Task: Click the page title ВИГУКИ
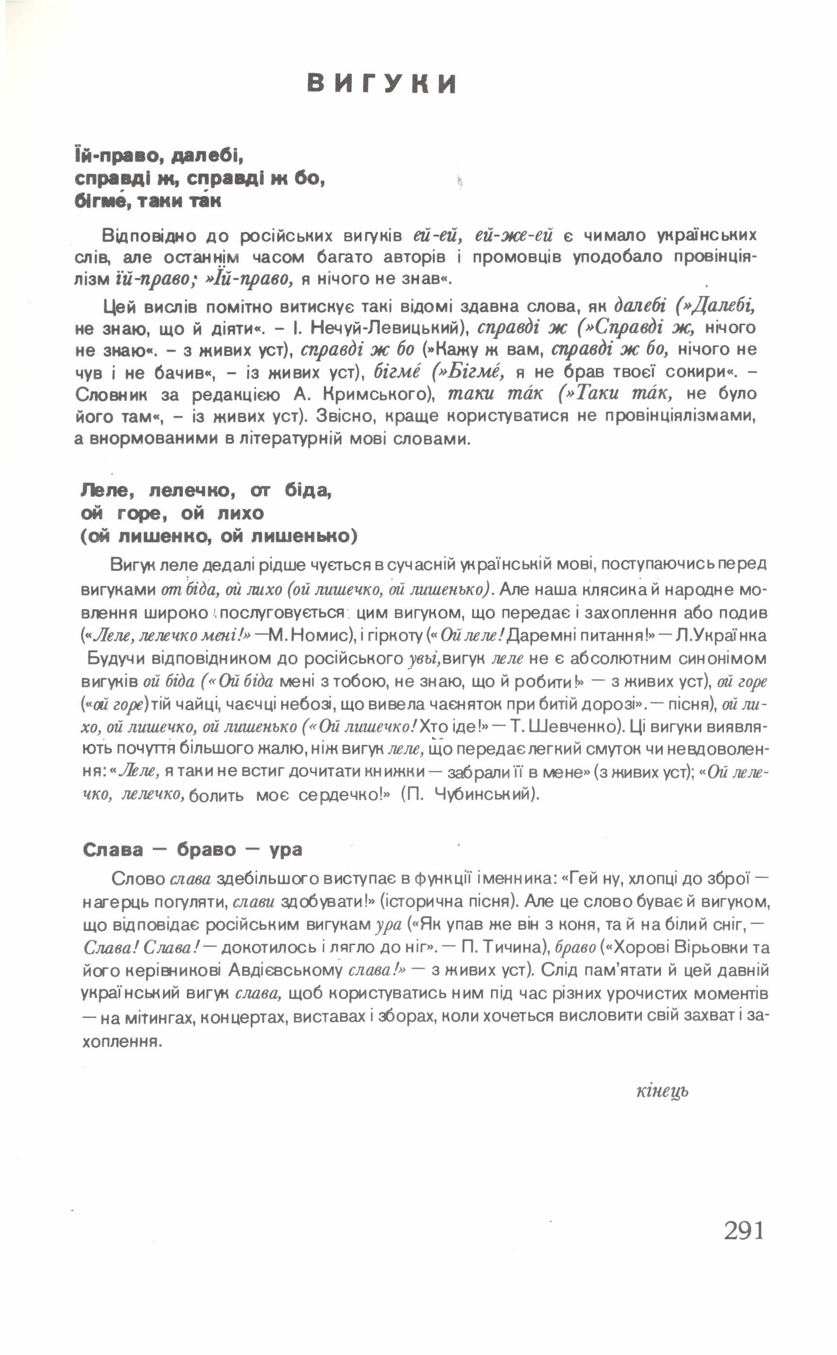(382, 84)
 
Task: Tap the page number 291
(744, 1231)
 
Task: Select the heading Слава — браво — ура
(192, 849)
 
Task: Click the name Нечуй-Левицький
(390, 328)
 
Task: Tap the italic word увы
(424, 659)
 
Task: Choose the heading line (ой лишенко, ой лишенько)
(219, 536)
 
